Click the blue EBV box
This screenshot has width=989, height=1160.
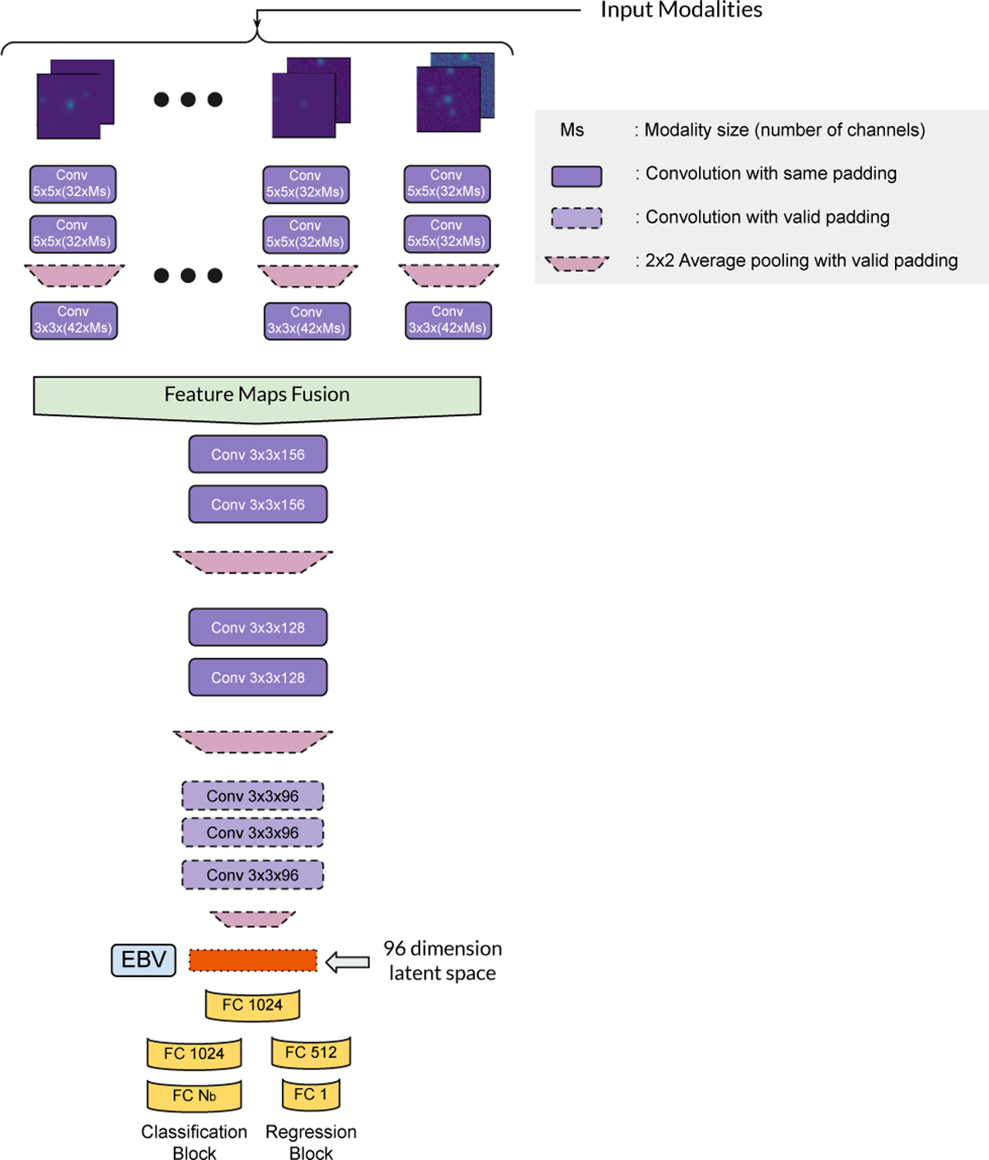143,960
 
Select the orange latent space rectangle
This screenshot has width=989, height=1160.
253,960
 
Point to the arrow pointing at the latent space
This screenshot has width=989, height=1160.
347,961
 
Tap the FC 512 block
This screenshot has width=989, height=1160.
311,1053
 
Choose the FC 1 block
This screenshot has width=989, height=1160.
311,1095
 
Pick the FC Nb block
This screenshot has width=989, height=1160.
195,1096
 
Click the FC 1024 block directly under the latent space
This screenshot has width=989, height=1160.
252,1005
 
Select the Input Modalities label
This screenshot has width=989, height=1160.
681,10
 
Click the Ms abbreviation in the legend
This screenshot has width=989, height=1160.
572,130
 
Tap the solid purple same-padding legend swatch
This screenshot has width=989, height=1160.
576,176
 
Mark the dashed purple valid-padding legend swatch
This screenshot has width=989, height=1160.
576,218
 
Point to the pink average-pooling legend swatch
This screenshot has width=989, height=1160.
576,263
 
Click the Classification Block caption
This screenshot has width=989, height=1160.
195,1142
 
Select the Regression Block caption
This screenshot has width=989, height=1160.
311,1142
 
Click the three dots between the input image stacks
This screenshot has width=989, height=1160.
188,100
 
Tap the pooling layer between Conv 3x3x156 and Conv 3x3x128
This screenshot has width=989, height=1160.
253,562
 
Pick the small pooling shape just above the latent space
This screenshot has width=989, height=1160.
253,918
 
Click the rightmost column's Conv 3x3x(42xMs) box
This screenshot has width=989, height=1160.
448,320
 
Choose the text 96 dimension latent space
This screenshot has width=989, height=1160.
443,960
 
